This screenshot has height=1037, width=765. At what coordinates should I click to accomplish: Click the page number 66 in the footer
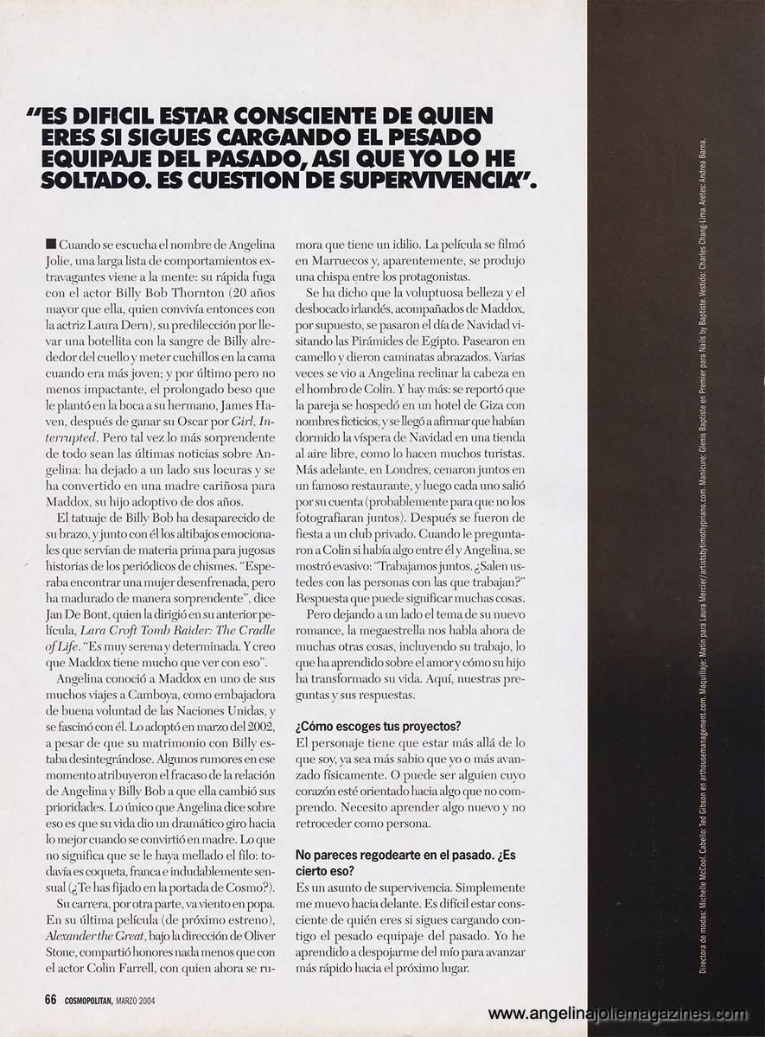[x=50, y=1000]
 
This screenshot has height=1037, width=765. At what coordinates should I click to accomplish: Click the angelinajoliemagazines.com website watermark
[x=617, y=1014]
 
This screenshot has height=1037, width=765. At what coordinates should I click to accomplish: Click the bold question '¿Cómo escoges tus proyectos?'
[x=377, y=725]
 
